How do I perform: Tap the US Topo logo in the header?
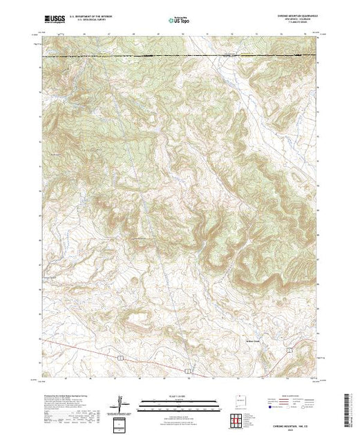click(x=179, y=19)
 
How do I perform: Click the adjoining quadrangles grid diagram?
click(x=236, y=418)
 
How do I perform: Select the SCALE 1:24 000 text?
click(x=179, y=396)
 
